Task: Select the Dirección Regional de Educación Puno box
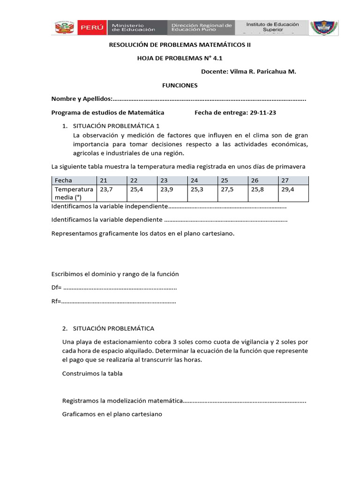tap(201, 28)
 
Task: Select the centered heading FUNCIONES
tap(180, 85)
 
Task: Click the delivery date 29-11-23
tap(265, 112)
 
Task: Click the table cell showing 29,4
tap(288, 189)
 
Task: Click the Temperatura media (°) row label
tap(74, 193)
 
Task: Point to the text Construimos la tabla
tap(92, 374)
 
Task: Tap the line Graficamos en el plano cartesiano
tap(112, 414)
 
